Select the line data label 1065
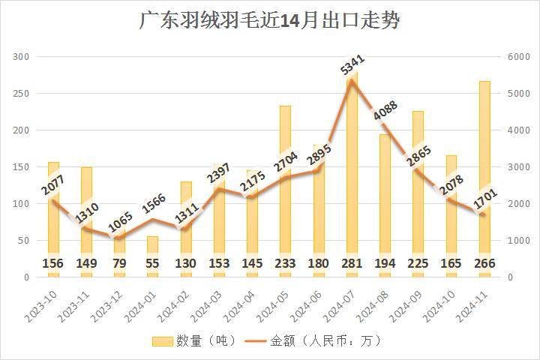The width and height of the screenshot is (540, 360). [x=120, y=224]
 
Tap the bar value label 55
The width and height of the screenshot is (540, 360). [x=152, y=263]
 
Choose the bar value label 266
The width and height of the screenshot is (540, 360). [x=484, y=263]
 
